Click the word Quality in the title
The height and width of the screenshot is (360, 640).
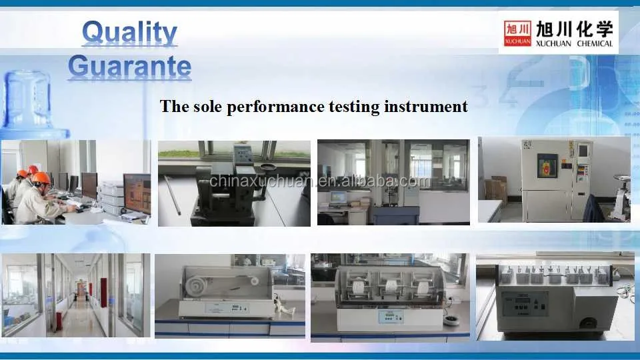point(129,33)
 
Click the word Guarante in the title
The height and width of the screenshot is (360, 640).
point(129,67)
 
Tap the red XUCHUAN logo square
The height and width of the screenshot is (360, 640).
point(517,33)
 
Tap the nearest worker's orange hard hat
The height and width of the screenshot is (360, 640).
point(41,178)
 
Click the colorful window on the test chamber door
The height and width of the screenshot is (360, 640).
point(547,165)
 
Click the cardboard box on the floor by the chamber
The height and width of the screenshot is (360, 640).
point(495,189)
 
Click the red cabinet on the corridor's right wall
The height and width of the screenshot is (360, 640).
point(103,293)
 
